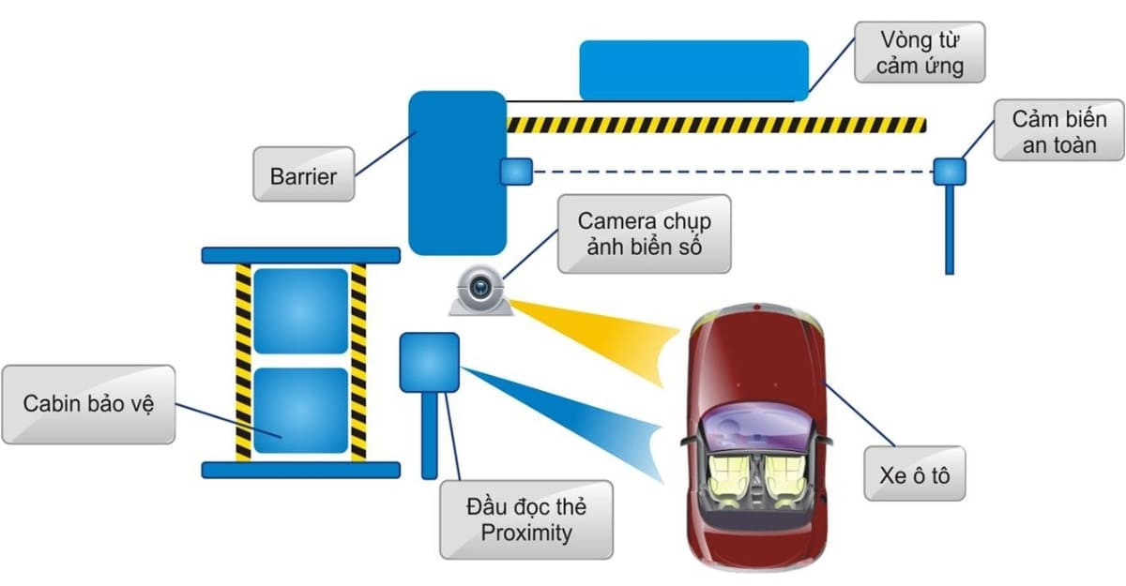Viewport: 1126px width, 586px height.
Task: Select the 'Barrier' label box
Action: coord(303,174)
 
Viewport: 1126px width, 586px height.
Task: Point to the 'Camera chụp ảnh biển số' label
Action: coord(644,234)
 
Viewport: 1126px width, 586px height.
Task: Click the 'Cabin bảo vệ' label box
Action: coord(87,404)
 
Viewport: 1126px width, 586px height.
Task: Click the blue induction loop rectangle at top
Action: coord(693,69)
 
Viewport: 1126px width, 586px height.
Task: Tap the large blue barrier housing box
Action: coord(457,173)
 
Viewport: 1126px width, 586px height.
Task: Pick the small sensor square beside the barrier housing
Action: coord(516,171)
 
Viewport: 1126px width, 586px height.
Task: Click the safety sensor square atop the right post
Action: coord(949,172)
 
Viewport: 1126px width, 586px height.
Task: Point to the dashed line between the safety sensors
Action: coord(732,172)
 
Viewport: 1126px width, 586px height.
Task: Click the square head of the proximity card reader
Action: coord(430,362)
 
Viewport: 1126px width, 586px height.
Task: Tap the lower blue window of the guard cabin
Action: coord(300,410)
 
